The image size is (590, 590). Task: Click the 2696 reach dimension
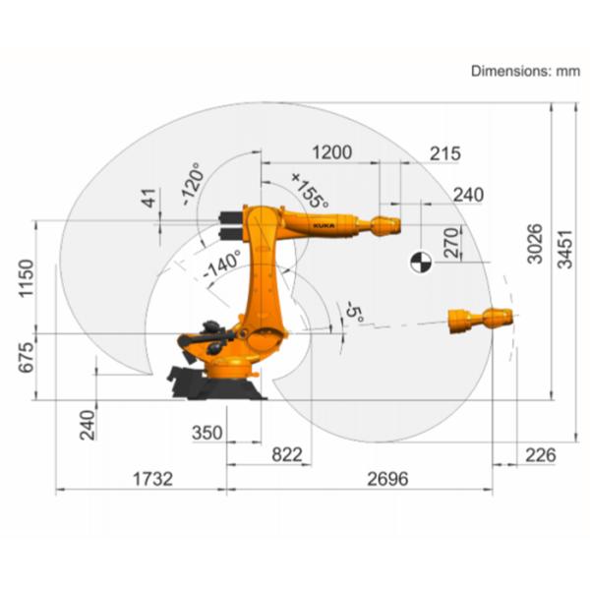(x=387, y=479)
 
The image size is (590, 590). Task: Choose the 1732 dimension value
(x=152, y=479)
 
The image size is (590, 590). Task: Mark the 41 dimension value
(x=149, y=198)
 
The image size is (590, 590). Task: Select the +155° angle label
(x=310, y=189)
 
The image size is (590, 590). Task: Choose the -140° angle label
(x=221, y=264)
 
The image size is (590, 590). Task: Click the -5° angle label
(x=354, y=314)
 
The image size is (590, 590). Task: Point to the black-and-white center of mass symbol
(x=420, y=262)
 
